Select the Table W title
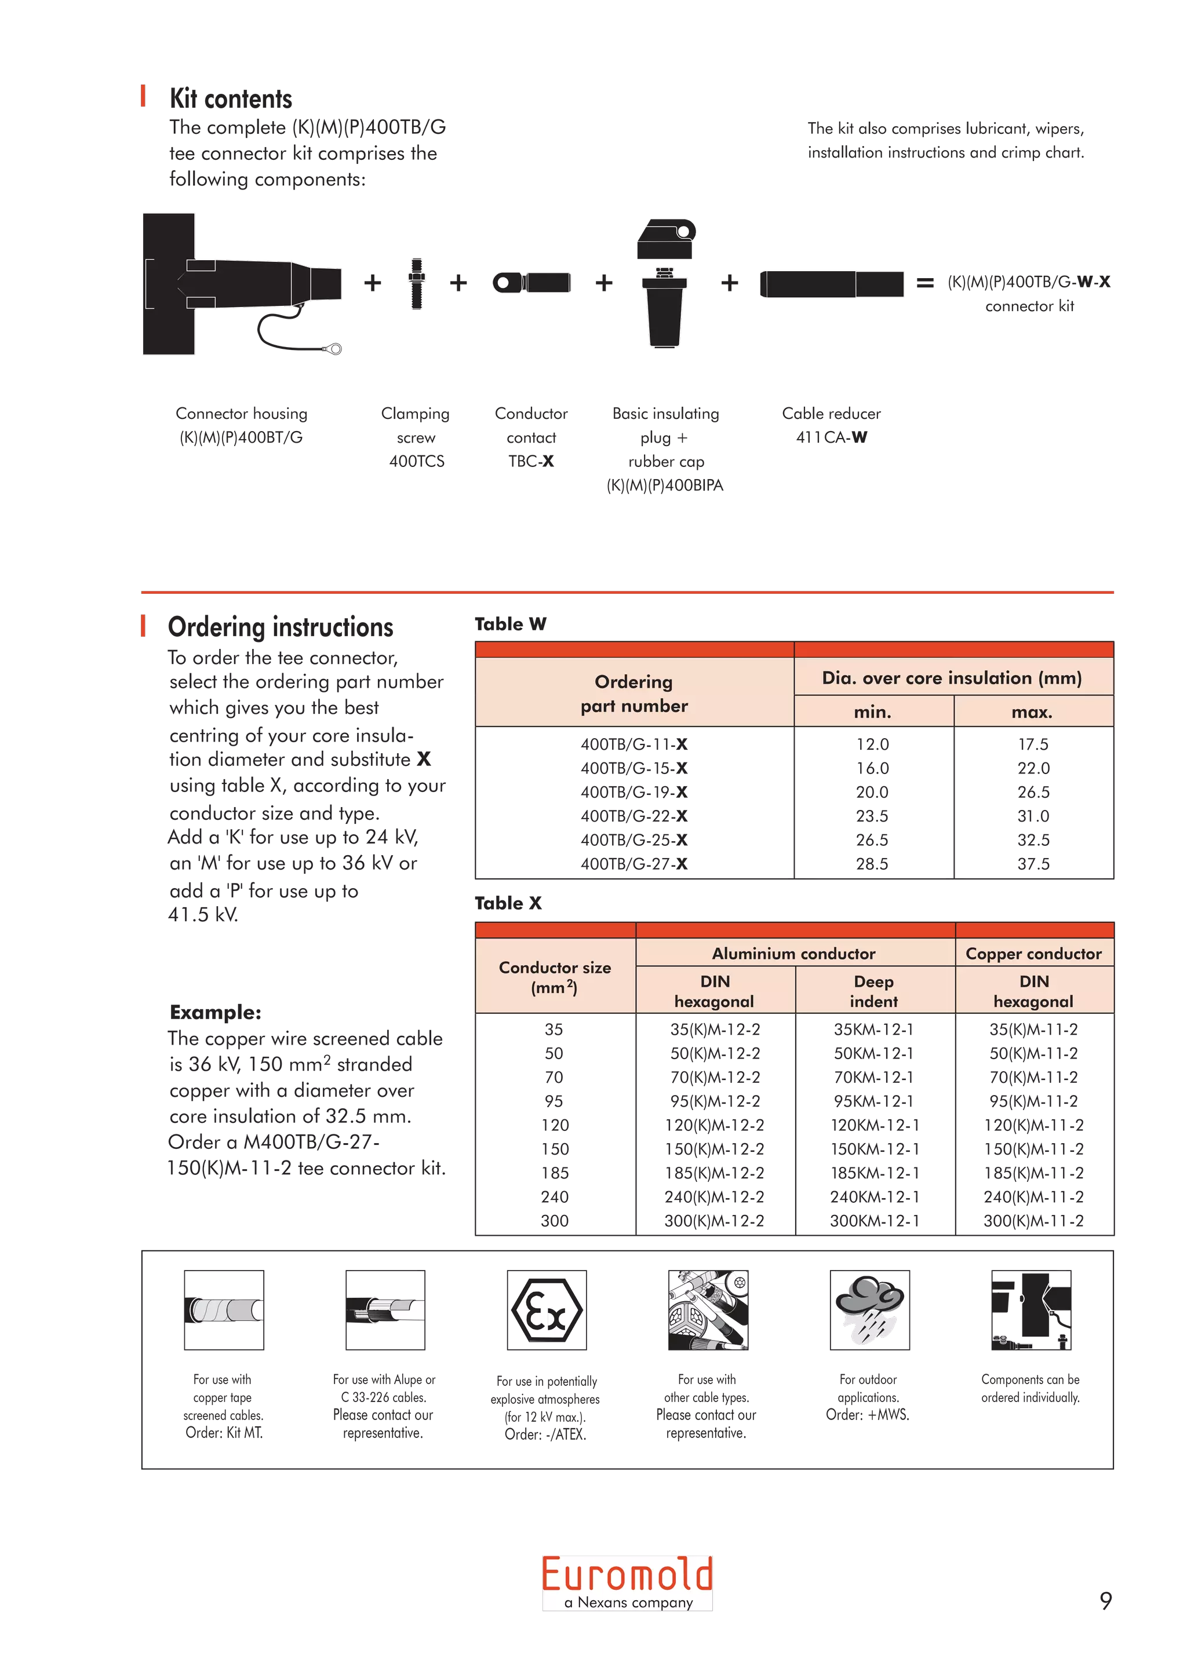[510, 624]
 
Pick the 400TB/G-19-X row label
[633, 792]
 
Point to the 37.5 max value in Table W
[1033, 864]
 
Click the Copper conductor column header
[1033, 953]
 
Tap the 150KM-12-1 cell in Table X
[873, 1149]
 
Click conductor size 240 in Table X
[554, 1197]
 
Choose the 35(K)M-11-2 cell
[1033, 1030]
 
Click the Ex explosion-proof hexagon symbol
[547, 1311]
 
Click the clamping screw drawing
[416, 282]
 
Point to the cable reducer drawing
[832, 284]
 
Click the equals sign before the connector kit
[924, 282]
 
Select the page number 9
[1105, 1600]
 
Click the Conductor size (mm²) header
[554, 977]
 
